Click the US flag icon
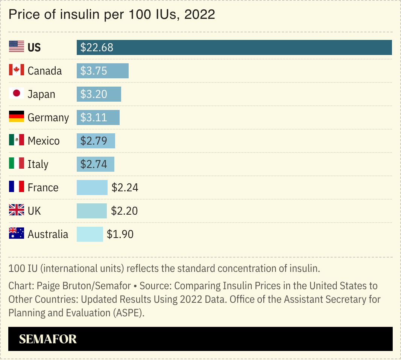point(17,47)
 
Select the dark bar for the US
point(234,47)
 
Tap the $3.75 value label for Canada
point(94,71)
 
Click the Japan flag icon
point(17,94)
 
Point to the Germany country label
point(48,117)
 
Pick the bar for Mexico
point(96,141)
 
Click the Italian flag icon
point(17,164)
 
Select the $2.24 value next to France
point(125,188)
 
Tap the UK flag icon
point(17,211)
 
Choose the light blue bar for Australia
point(90,234)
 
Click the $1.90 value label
point(120,234)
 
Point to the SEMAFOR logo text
point(48,339)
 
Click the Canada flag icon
point(17,70)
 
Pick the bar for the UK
point(92,211)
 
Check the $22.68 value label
point(97,47)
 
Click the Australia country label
point(48,234)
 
